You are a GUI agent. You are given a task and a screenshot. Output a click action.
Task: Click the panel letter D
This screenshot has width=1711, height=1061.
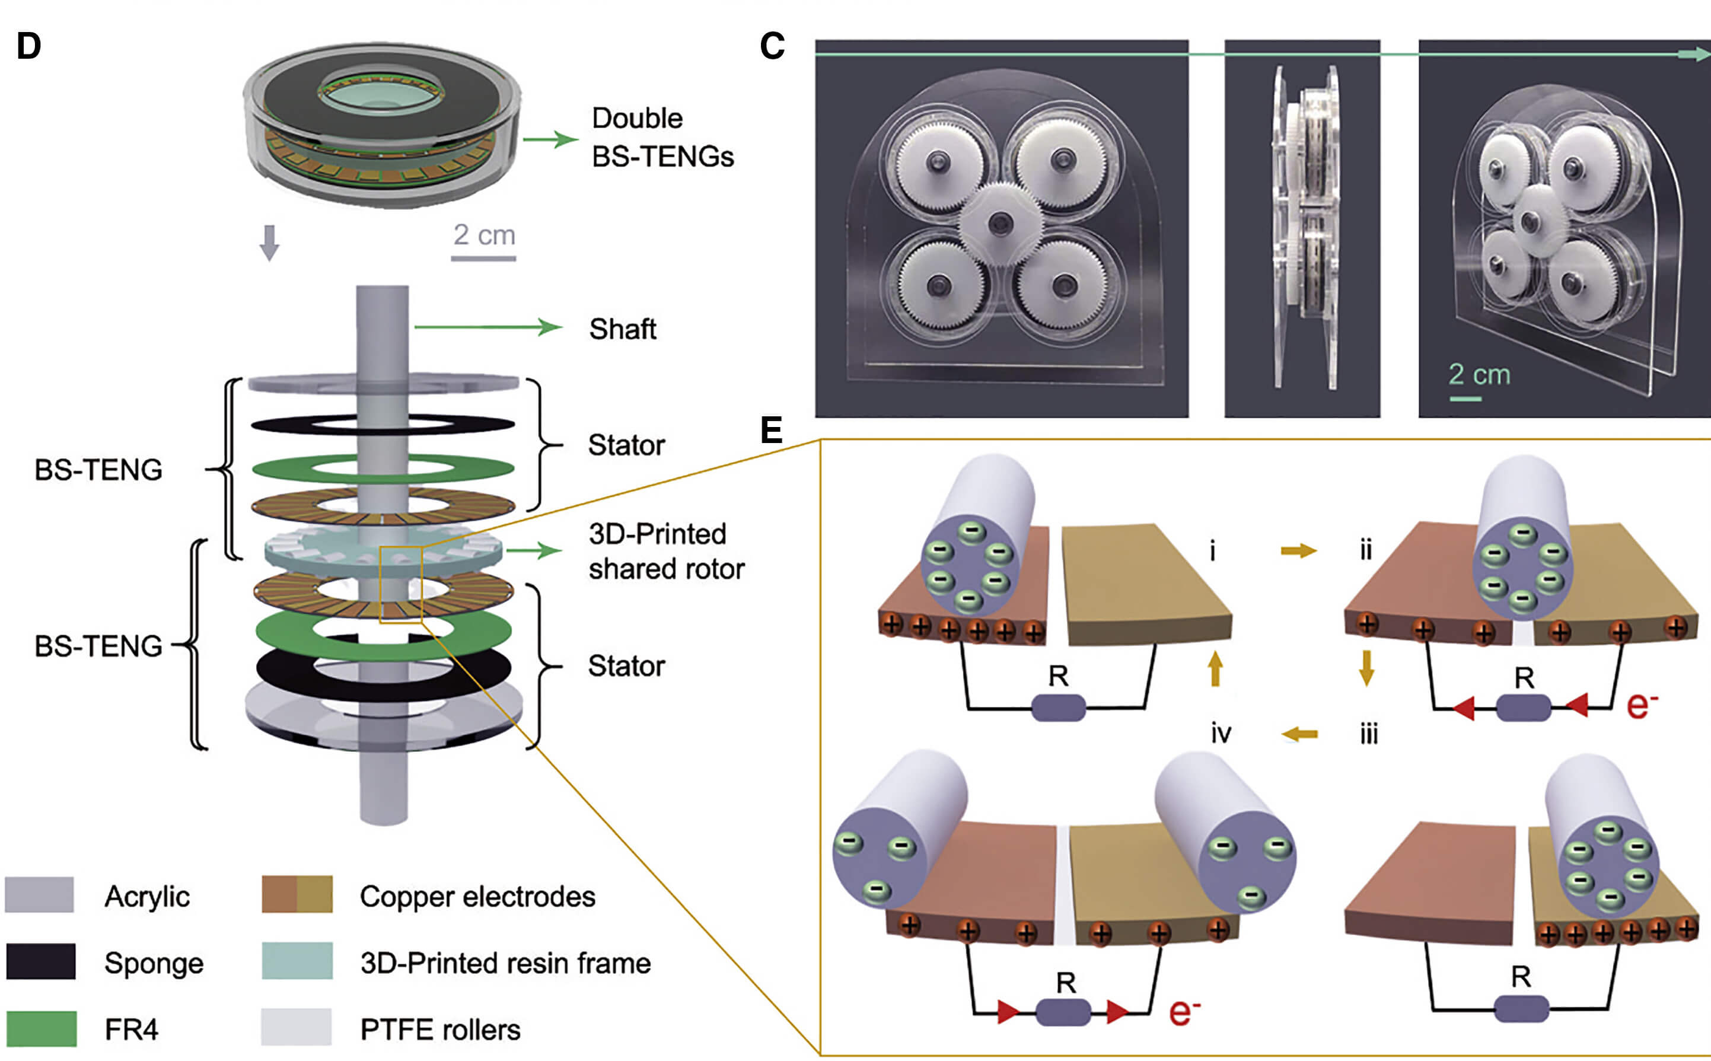tap(28, 46)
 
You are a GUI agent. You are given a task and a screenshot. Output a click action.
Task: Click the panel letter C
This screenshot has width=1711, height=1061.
tap(772, 46)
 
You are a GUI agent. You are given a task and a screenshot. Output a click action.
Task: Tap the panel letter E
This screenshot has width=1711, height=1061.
tap(771, 429)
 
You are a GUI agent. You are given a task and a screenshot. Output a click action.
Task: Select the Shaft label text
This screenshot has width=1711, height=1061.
tap(622, 329)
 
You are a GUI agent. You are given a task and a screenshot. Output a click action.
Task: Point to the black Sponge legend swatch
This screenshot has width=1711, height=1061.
tap(41, 961)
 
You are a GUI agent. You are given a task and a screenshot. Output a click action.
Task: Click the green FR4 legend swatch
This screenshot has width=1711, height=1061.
tap(41, 1029)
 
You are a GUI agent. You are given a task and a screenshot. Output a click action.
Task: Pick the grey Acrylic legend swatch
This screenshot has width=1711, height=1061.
tap(39, 895)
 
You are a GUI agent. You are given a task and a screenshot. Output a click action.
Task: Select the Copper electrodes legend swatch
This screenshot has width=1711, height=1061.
tap(297, 895)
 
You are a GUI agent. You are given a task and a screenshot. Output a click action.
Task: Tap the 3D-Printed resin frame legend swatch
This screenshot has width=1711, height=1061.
tap(297, 961)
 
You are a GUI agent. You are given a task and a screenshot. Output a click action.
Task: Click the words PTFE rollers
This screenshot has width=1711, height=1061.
tap(440, 1030)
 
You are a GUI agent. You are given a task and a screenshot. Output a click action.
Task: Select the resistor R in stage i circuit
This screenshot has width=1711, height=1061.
tap(1059, 708)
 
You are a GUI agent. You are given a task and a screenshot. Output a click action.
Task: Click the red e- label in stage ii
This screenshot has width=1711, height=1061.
tap(1642, 704)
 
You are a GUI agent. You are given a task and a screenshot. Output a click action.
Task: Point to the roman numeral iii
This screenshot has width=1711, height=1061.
tap(1369, 734)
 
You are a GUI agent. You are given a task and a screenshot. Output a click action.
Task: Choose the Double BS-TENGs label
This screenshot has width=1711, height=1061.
tap(661, 138)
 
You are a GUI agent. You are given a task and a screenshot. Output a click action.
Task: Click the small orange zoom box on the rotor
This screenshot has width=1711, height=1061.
tap(400, 584)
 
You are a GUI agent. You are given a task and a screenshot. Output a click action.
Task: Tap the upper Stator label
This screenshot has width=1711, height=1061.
tap(626, 445)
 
